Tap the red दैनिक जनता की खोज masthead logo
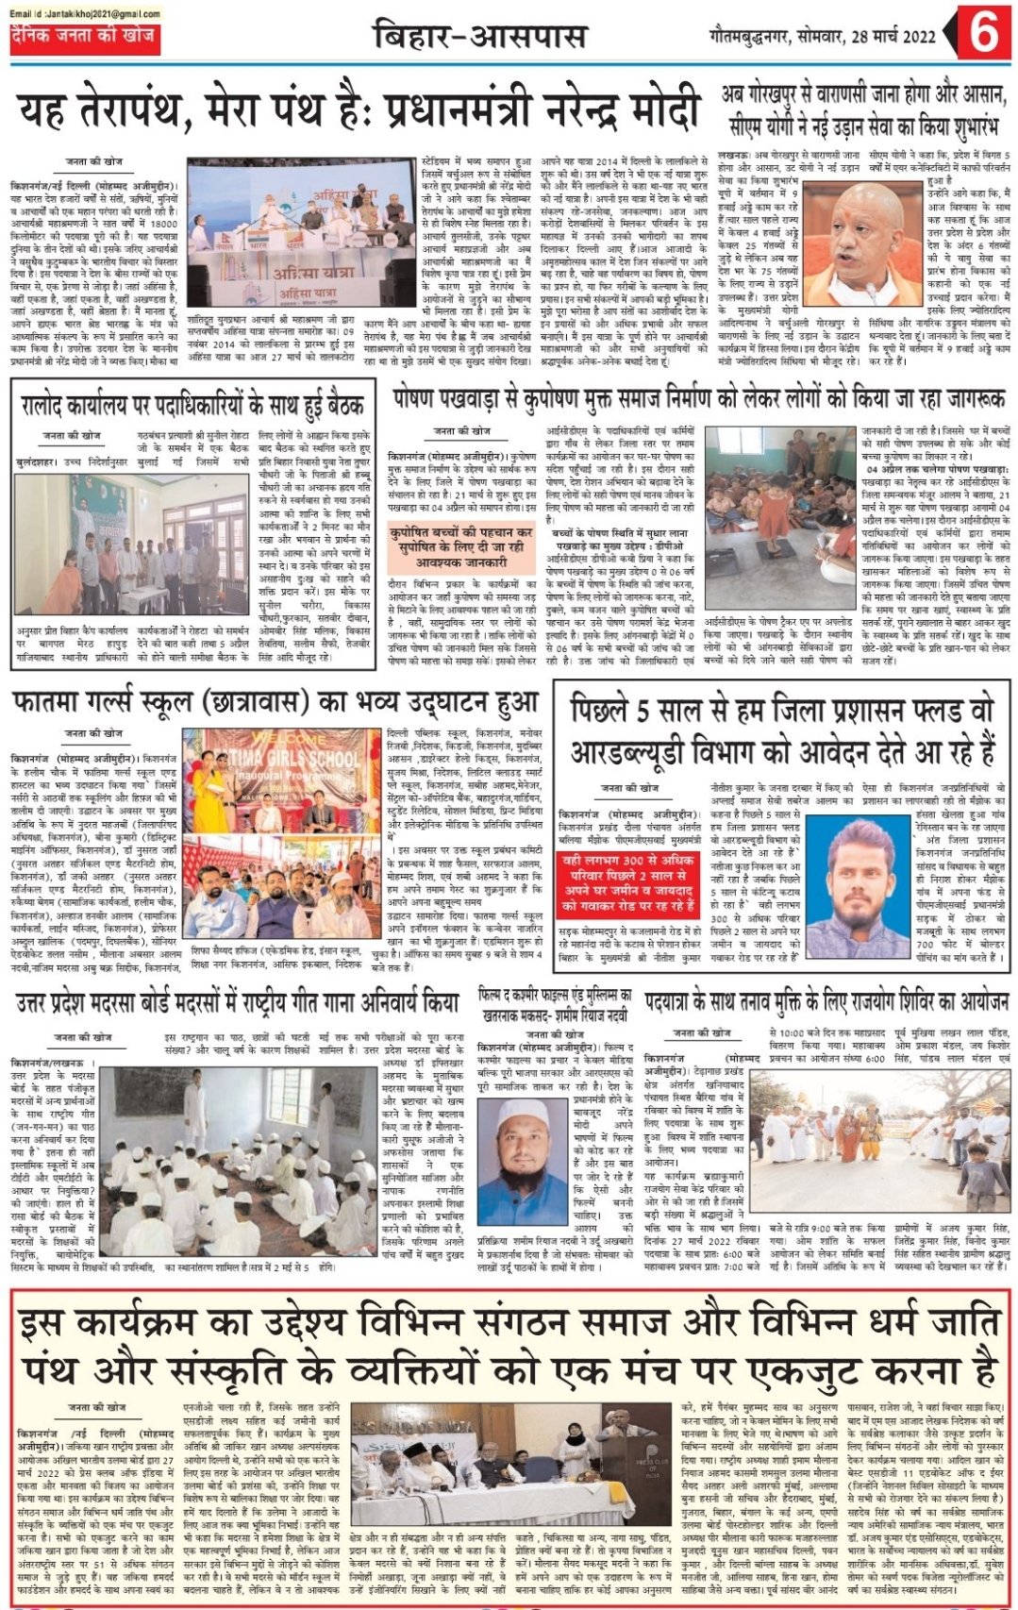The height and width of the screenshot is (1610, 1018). [83, 38]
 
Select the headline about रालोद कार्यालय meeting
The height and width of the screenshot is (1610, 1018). [192, 407]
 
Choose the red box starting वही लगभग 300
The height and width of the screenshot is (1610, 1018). [628, 887]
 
